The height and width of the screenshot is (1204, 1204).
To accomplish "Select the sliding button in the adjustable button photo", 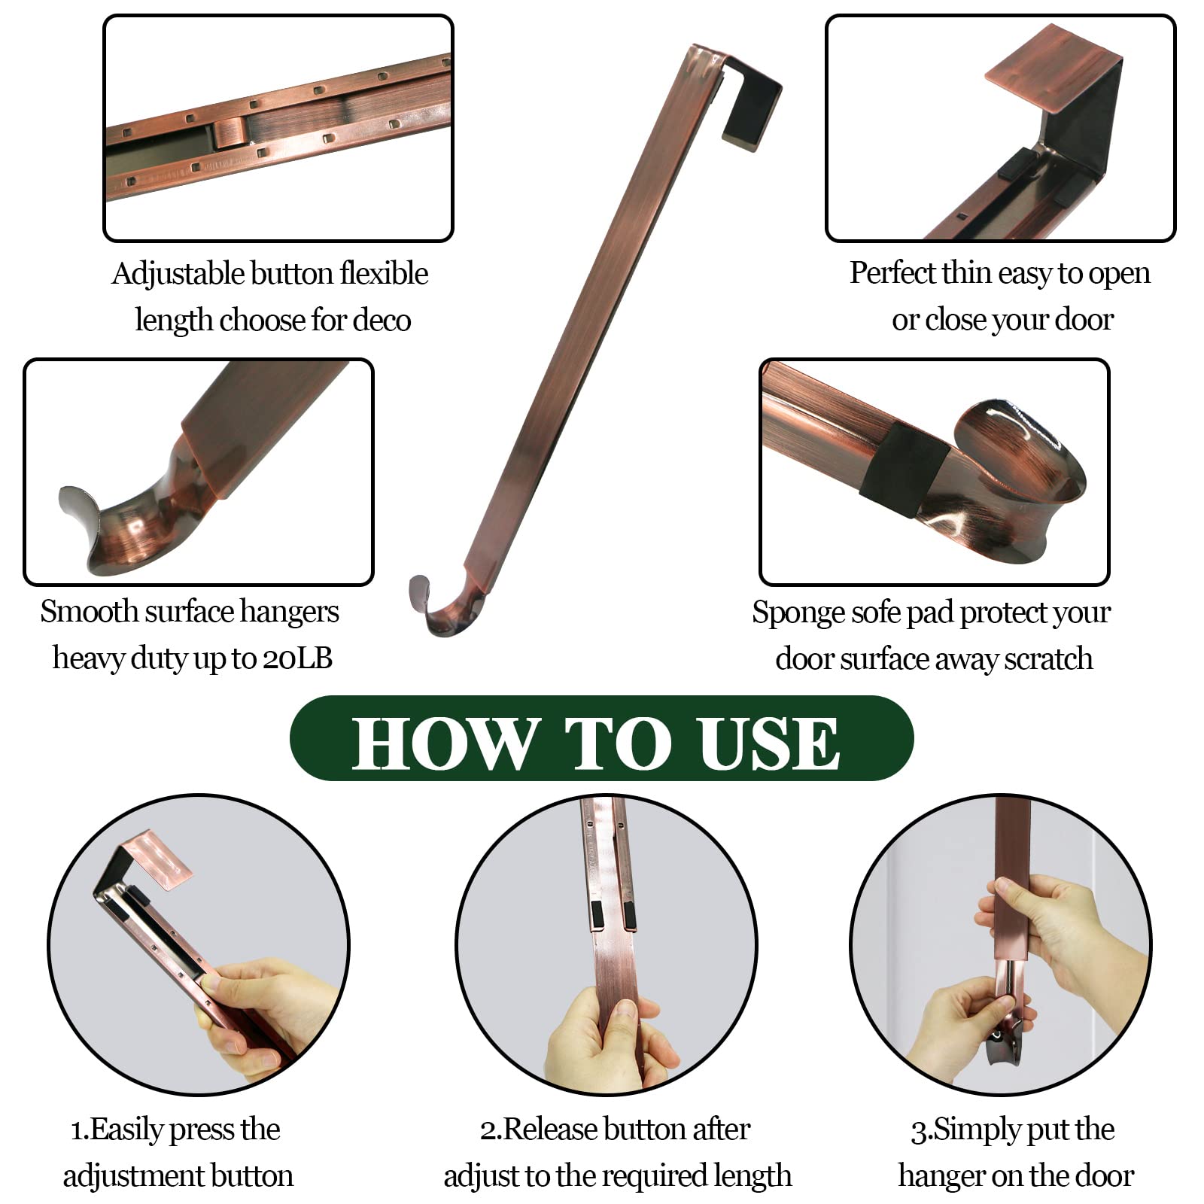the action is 231,132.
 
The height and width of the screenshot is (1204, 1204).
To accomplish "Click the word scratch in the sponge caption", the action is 1049,659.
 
